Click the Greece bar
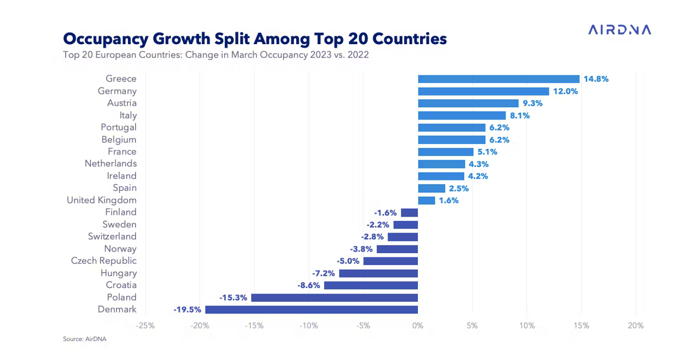point(498,79)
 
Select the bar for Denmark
point(311,310)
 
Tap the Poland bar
point(334,297)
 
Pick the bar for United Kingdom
point(427,200)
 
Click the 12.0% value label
point(566,91)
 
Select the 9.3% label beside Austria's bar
point(532,103)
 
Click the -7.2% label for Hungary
point(323,273)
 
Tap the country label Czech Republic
point(104,261)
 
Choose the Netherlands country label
point(110,164)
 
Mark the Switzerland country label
point(112,237)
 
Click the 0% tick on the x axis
point(418,326)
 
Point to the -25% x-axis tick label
point(145,326)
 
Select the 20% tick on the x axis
point(636,326)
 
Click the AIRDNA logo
point(619,30)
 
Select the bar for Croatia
point(371,286)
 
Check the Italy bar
point(462,116)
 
